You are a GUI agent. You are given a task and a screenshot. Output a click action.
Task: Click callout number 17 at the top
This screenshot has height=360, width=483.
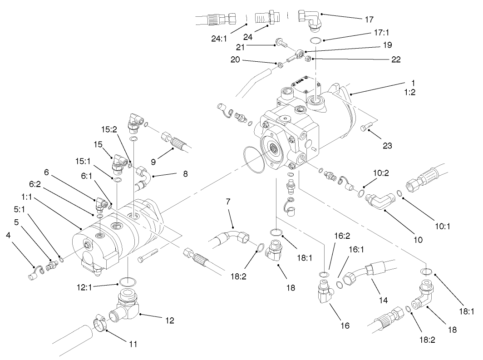(369, 20)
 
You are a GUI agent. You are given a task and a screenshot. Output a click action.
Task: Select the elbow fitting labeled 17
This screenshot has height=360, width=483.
(310, 21)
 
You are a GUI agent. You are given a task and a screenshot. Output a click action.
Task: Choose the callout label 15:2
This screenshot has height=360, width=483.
(110, 129)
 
